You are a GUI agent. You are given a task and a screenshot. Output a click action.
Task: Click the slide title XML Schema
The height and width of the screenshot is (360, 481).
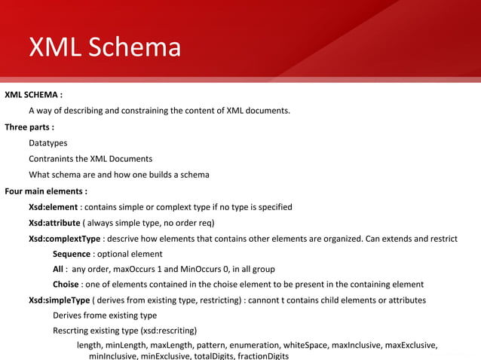coord(105,47)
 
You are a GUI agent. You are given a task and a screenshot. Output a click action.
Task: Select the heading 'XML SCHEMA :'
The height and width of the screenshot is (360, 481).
coord(33,95)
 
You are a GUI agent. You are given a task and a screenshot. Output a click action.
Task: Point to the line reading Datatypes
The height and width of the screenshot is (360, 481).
coord(47,142)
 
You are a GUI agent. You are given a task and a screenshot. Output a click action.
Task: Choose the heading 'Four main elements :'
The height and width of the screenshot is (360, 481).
coord(45,191)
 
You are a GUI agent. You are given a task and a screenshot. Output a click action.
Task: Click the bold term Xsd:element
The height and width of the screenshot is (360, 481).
coord(54,207)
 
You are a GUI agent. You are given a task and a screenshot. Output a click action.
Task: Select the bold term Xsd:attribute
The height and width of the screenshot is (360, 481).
coord(54,223)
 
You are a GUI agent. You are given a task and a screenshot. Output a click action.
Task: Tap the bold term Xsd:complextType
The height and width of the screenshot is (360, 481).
coord(64,239)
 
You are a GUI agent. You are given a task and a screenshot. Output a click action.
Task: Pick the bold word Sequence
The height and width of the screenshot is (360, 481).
coord(72,255)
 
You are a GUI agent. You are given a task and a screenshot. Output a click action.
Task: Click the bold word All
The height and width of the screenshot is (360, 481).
coord(58,269)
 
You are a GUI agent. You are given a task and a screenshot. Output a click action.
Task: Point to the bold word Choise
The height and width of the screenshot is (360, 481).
coord(66,285)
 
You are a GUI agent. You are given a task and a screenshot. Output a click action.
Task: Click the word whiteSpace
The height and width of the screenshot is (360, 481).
coord(328,346)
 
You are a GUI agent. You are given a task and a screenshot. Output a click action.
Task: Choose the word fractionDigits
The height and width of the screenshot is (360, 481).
coord(262,355)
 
